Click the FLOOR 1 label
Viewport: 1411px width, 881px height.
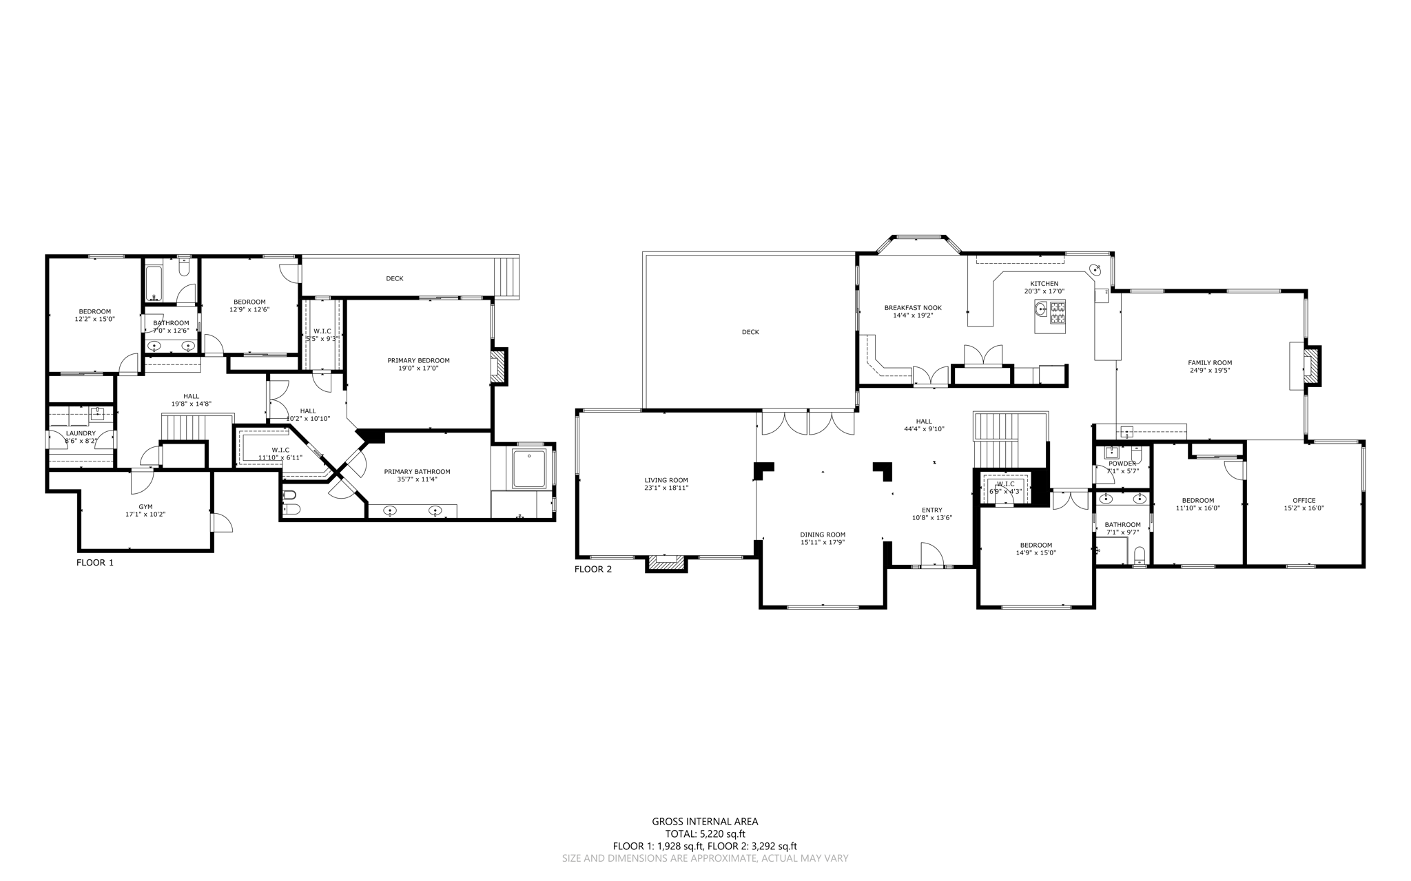(x=94, y=563)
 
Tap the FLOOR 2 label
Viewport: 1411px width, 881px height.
(x=593, y=569)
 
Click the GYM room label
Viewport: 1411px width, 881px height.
(x=145, y=507)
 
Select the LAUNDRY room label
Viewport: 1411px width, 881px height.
(x=81, y=433)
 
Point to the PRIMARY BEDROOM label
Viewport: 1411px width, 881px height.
(x=418, y=360)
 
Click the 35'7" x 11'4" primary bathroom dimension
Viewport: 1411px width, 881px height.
(x=417, y=479)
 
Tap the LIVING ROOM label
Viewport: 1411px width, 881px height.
(x=666, y=480)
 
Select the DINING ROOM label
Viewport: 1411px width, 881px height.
(x=823, y=535)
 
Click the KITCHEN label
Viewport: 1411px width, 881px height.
(x=1044, y=284)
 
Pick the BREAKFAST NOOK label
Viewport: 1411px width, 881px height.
(x=913, y=308)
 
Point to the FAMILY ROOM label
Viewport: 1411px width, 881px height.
(x=1210, y=362)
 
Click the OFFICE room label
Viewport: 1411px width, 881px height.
(x=1304, y=501)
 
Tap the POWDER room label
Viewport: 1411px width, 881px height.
(x=1122, y=464)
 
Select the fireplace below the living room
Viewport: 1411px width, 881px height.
(x=666, y=564)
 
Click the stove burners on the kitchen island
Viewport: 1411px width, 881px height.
(x=1057, y=313)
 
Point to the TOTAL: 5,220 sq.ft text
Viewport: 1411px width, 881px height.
(x=705, y=833)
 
